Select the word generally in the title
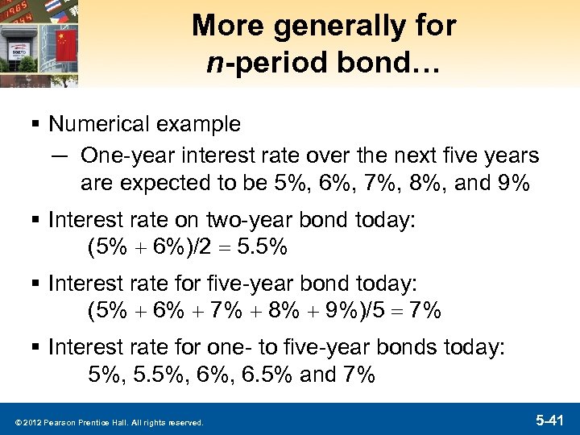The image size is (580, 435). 324,27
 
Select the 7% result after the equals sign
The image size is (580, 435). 425,311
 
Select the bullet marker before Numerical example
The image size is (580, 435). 38,125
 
